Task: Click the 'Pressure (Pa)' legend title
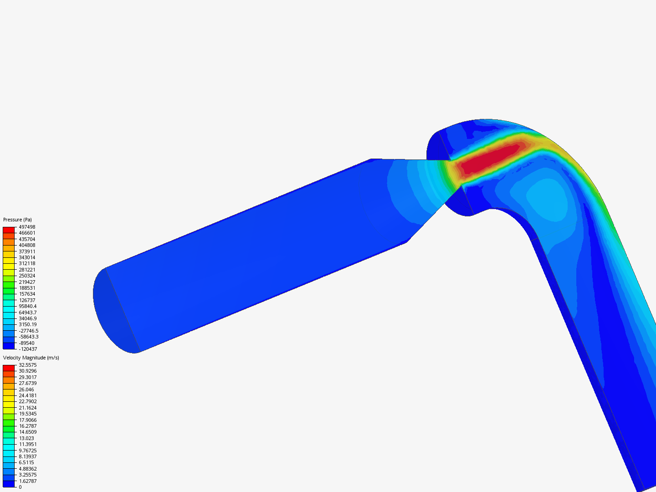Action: [x=17, y=220]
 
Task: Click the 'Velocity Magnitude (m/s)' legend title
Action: [x=31, y=358]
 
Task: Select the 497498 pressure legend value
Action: [x=27, y=227]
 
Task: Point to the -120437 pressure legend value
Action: [x=28, y=349]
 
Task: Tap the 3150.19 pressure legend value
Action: [x=28, y=324]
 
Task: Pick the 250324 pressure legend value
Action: [x=27, y=276]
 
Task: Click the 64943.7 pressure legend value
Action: [x=28, y=313]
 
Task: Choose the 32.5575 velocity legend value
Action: [x=28, y=365]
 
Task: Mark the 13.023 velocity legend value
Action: [x=26, y=438]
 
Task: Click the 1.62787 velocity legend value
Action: [x=28, y=481]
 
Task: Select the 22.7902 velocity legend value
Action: [x=28, y=401]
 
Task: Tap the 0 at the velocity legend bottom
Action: [x=20, y=487]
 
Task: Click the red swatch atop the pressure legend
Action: [x=9, y=230]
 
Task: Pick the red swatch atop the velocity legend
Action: [x=9, y=368]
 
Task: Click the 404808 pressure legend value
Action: [x=27, y=245]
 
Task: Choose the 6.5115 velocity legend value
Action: [x=26, y=462]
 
